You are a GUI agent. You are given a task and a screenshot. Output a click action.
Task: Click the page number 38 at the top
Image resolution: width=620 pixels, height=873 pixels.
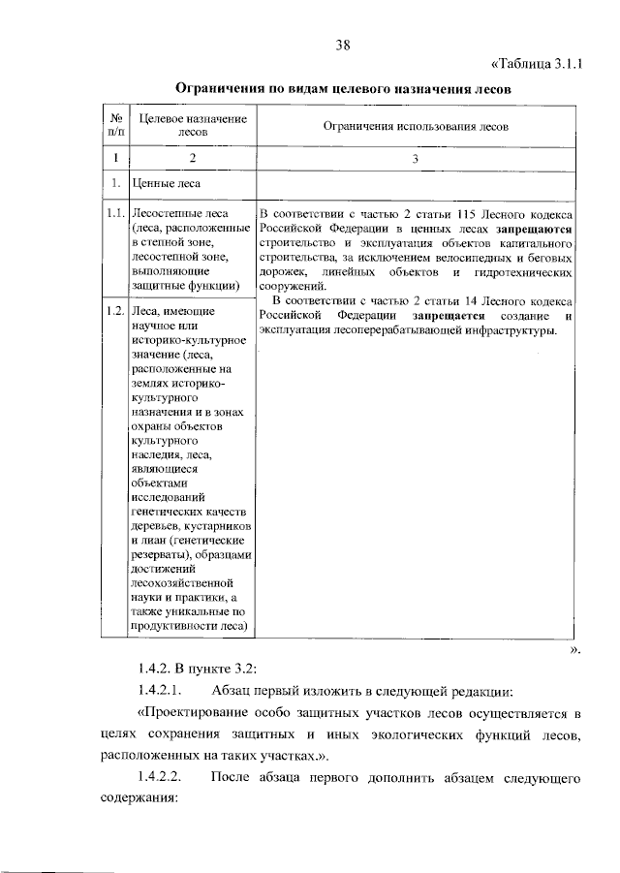(x=342, y=45)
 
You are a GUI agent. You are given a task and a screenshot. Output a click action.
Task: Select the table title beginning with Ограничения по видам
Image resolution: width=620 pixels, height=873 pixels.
(x=342, y=89)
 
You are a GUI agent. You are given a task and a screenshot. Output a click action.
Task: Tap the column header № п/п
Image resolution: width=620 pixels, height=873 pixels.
(x=114, y=126)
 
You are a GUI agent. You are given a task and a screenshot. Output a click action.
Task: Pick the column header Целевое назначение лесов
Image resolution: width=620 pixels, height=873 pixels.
(x=193, y=126)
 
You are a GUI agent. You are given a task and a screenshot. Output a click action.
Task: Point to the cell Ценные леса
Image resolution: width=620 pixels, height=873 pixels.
(x=166, y=181)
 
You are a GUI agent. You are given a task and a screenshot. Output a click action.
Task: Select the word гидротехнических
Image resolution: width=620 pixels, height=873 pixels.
(x=524, y=273)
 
